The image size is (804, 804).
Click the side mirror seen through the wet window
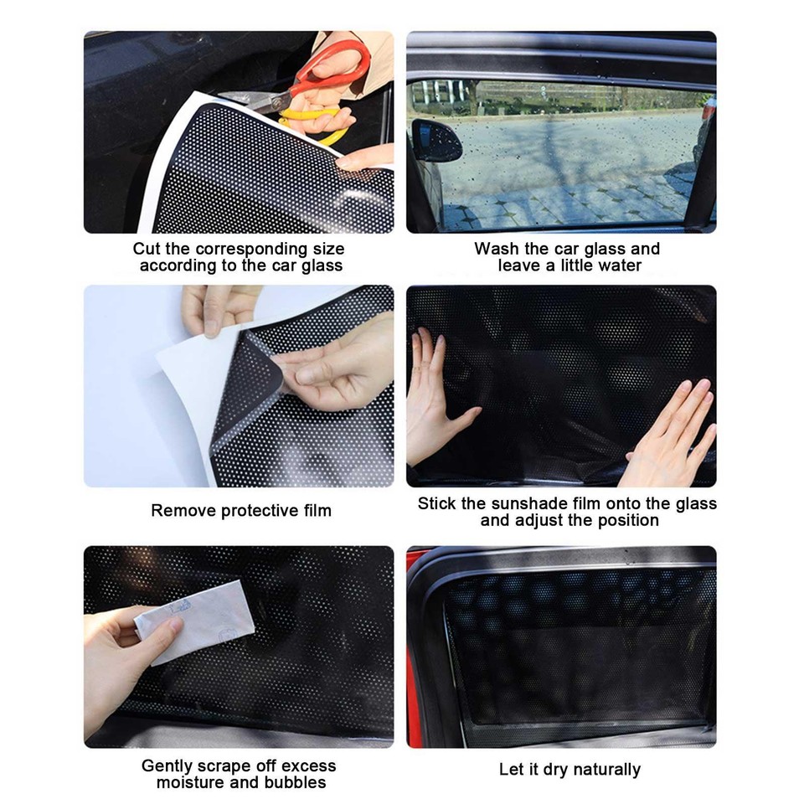tap(435, 140)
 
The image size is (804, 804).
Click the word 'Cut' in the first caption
tap(147, 249)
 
